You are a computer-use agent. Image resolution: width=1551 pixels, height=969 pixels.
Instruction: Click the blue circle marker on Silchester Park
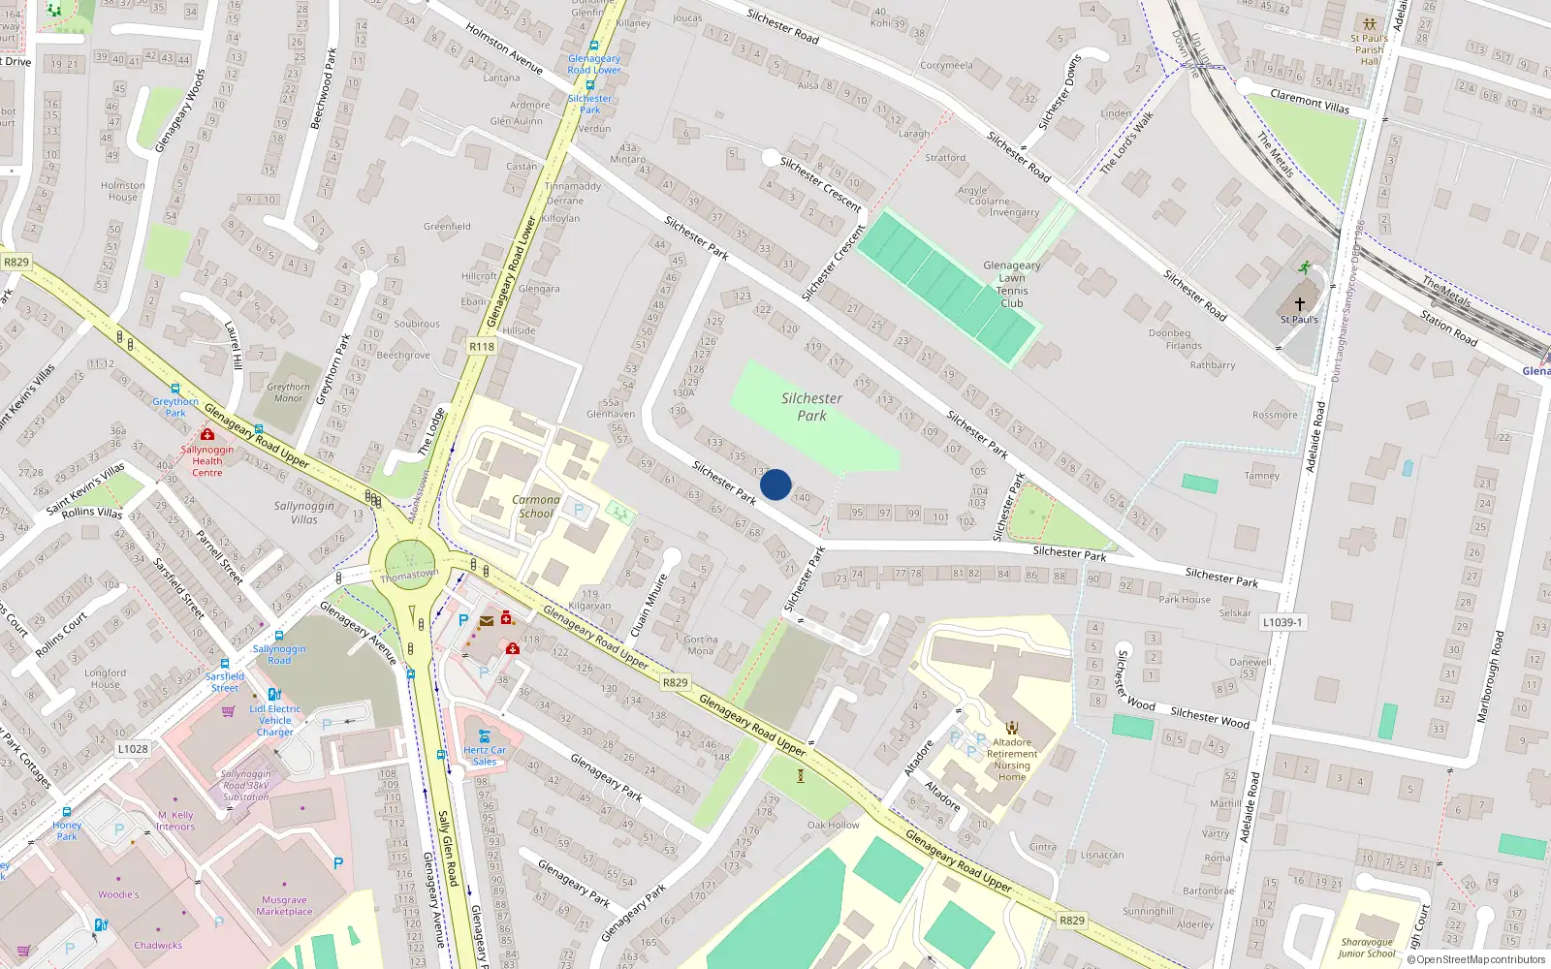775,484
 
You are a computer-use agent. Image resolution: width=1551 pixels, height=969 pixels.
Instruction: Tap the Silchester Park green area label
811,407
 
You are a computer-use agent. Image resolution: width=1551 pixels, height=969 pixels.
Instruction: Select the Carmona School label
536,507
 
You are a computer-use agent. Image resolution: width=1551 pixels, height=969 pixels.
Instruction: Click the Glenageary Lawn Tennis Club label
1012,284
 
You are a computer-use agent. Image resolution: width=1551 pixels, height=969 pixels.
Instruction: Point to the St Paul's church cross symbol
1300,303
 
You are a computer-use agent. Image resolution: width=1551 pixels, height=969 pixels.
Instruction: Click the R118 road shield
482,347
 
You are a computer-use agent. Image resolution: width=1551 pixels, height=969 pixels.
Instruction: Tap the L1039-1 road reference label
1282,622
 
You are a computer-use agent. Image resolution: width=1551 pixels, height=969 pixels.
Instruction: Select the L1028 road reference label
133,749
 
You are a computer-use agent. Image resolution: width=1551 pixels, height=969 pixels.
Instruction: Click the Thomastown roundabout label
409,576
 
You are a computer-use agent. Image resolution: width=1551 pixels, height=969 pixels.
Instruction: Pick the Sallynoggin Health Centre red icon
206,435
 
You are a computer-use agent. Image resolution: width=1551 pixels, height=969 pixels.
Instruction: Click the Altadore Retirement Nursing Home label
1012,760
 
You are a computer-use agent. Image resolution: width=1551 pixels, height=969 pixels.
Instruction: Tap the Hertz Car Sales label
485,756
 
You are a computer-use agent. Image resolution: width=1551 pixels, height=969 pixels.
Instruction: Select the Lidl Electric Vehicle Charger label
275,720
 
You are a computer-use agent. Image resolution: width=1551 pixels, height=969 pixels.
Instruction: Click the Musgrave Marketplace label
284,906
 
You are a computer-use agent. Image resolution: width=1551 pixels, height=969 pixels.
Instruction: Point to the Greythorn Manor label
288,392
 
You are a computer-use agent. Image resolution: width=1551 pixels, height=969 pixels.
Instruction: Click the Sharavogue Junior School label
1367,948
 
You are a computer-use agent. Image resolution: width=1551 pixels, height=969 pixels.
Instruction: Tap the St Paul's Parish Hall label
1369,49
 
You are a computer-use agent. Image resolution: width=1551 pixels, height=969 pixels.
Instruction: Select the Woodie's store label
118,895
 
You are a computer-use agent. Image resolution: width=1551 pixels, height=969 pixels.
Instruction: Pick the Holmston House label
123,191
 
